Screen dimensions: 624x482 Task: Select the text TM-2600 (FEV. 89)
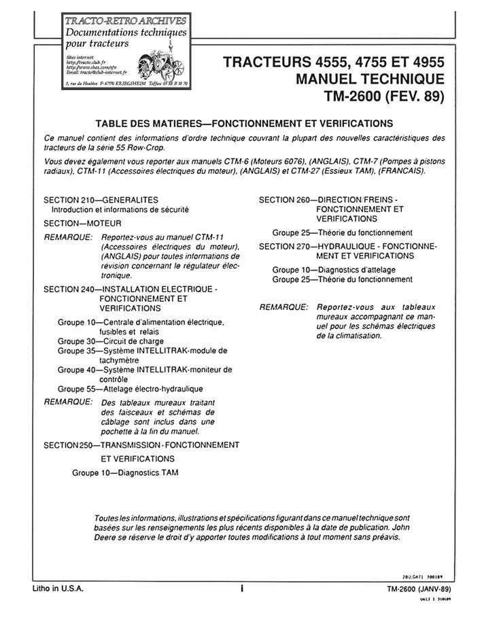click(x=380, y=96)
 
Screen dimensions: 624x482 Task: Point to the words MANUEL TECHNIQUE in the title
click(x=371, y=79)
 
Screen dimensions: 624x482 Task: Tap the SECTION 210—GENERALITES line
click(x=101, y=200)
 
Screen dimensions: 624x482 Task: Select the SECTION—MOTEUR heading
click(x=82, y=223)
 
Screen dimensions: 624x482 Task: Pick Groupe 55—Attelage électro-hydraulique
click(x=130, y=389)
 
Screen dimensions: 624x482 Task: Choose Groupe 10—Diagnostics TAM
click(x=126, y=472)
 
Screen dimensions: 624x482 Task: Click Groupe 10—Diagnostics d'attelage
click(x=334, y=270)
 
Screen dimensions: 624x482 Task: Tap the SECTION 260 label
click(x=284, y=200)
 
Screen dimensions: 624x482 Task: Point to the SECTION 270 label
click(x=284, y=246)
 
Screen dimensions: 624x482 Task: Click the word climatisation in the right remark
click(x=358, y=336)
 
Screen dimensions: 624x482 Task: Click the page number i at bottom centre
click(x=241, y=589)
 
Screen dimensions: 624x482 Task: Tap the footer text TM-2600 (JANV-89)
click(x=416, y=589)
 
